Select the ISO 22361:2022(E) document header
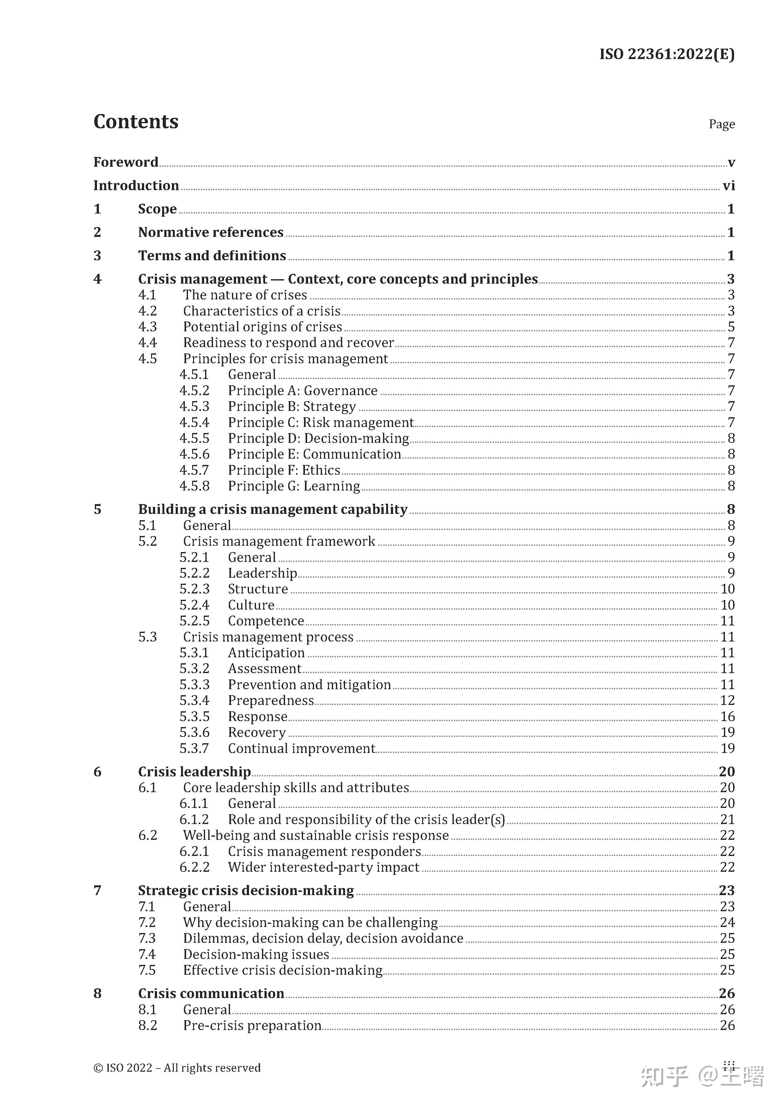pyautogui.click(x=667, y=54)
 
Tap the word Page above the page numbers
pyautogui.click(x=721, y=124)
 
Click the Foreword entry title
pyautogui.click(x=125, y=162)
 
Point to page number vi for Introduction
pyautogui.click(x=728, y=186)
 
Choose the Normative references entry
pyautogui.click(x=210, y=232)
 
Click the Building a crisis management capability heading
pyautogui.click(x=273, y=509)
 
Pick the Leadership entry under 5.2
pyautogui.click(x=262, y=573)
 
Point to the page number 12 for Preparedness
pyautogui.click(x=727, y=701)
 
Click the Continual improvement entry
pyautogui.click(x=301, y=749)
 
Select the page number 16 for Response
pyautogui.click(x=727, y=717)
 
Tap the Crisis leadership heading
pyautogui.click(x=194, y=772)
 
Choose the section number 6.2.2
pyautogui.click(x=194, y=868)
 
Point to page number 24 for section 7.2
pyautogui.click(x=727, y=923)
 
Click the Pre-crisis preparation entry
pyautogui.click(x=252, y=1026)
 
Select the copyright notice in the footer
pyautogui.click(x=177, y=1068)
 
